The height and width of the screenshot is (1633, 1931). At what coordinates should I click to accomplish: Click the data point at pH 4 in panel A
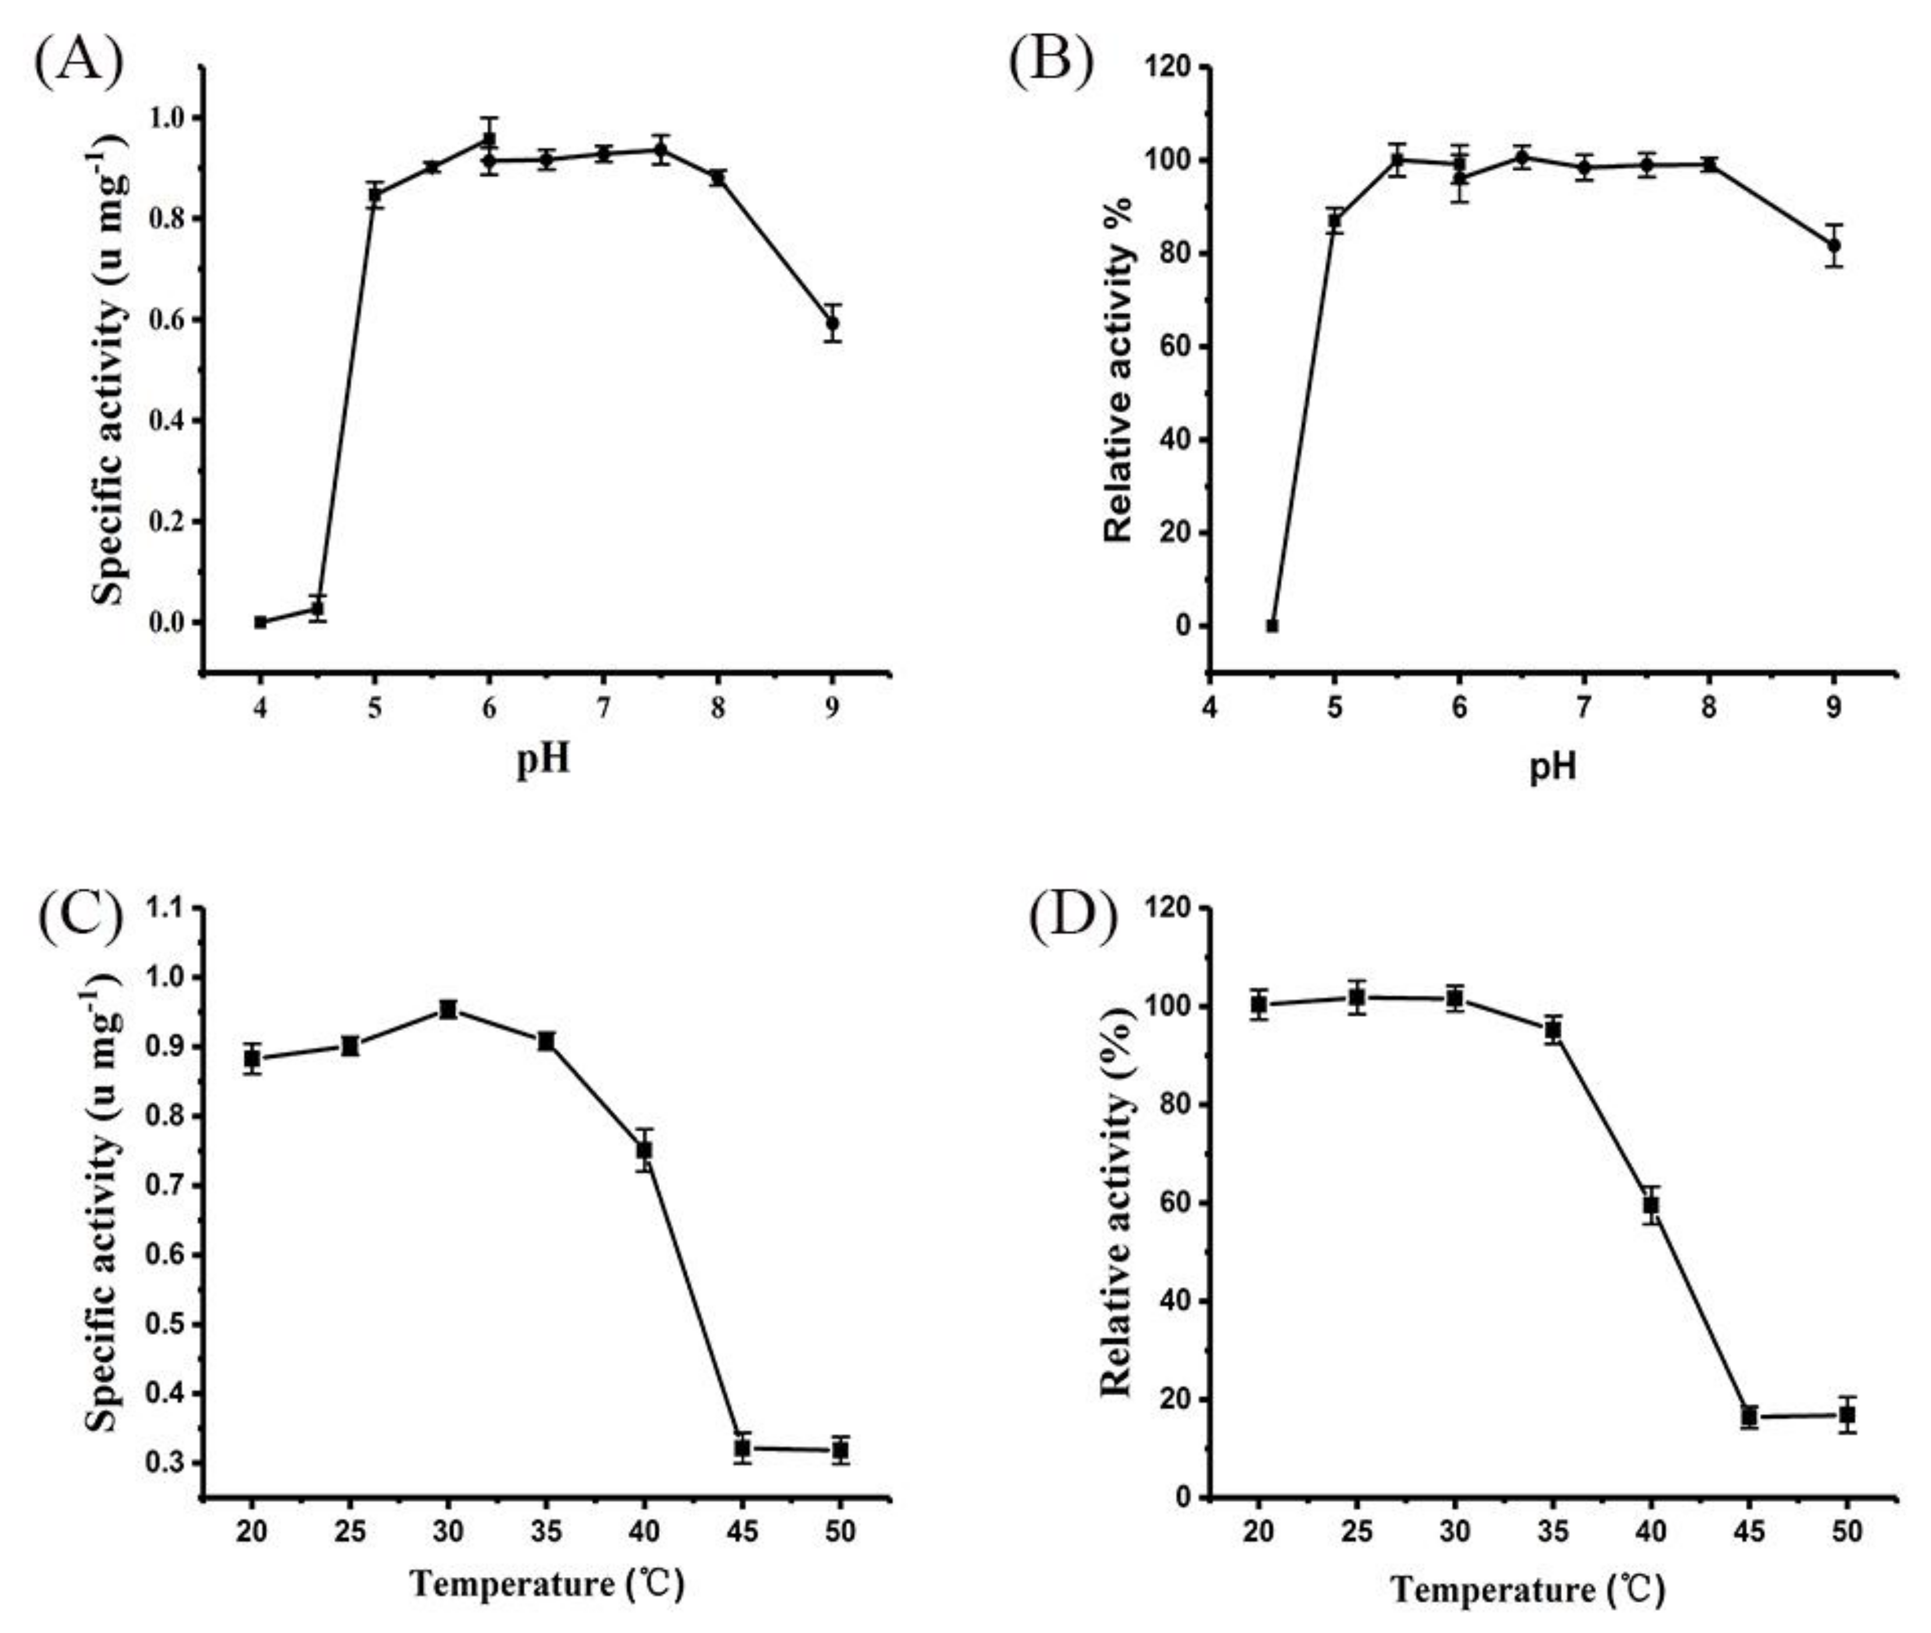tap(261, 622)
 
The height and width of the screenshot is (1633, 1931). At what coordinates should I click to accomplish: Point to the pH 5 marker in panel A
tap(375, 195)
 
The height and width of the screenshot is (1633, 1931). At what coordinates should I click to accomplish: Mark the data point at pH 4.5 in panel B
tap(1272, 626)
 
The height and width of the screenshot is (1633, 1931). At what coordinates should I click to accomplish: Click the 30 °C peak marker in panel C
tap(448, 1009)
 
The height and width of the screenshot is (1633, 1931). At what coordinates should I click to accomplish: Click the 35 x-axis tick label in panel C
tap(546, 1531)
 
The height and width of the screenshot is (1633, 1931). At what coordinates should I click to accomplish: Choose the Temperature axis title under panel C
tap(546, 1584)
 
